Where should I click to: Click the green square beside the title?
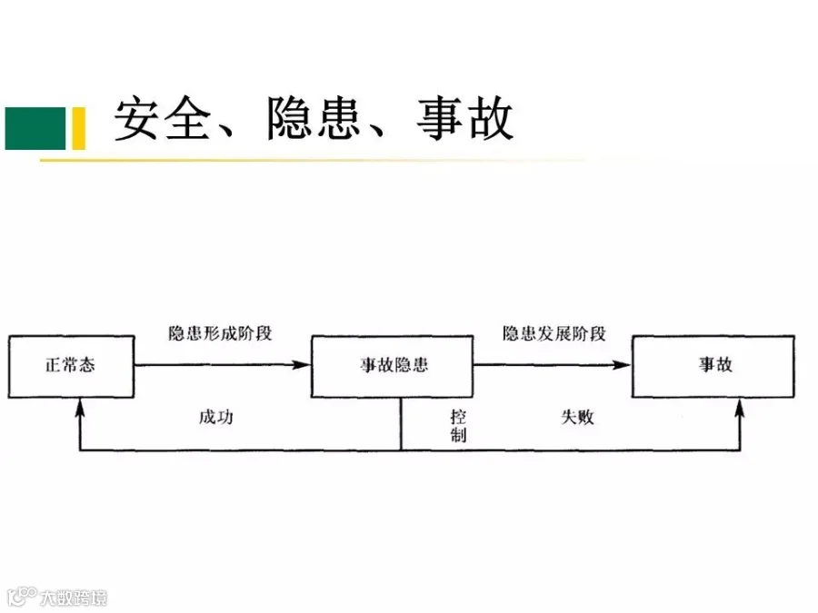pos(35,128)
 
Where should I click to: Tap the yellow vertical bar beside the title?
pos(79,128)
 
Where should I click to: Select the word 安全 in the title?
pos(163,118)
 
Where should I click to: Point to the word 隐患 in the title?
pos(313,118)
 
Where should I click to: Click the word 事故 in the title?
pos(465,118)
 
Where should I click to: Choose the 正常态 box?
pos(71,367)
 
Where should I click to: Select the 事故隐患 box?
pos(393,367)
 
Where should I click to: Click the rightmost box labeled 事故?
pos(713,367)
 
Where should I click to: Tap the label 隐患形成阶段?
pos(220,333)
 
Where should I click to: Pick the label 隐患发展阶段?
pos(554,333)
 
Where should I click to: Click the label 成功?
pos(216,417)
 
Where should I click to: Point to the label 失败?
pos(577,417)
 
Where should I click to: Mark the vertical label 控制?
pos(458,426)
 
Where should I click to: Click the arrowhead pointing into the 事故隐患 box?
pos(301,365)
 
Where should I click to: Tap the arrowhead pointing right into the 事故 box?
pos(622,365)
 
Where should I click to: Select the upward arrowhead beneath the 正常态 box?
pos(80,408)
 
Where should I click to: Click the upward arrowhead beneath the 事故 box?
pos(740,408)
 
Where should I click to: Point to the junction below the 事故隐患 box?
pos(401,450)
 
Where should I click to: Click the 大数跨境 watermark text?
pos(74,598)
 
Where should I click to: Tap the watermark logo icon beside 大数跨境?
pos(22,597)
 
